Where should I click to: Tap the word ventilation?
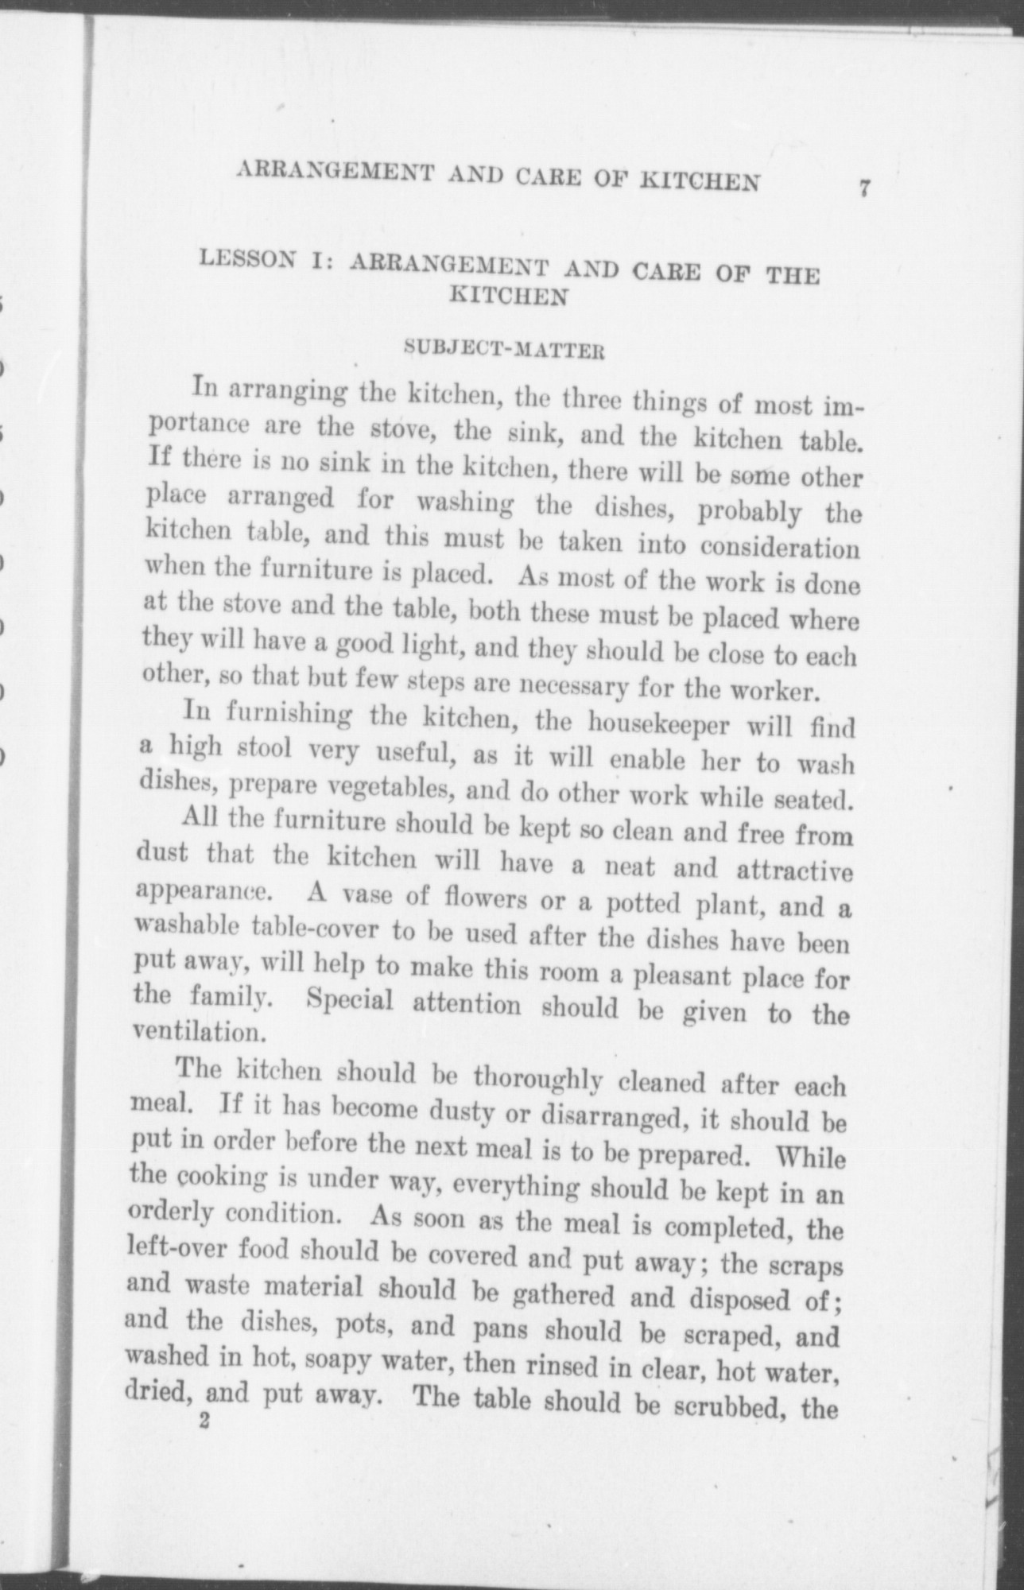(196, 1033)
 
